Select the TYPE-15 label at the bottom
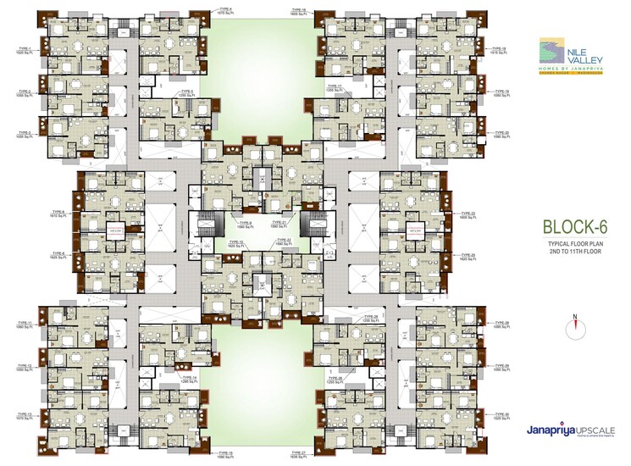point(225,455)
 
